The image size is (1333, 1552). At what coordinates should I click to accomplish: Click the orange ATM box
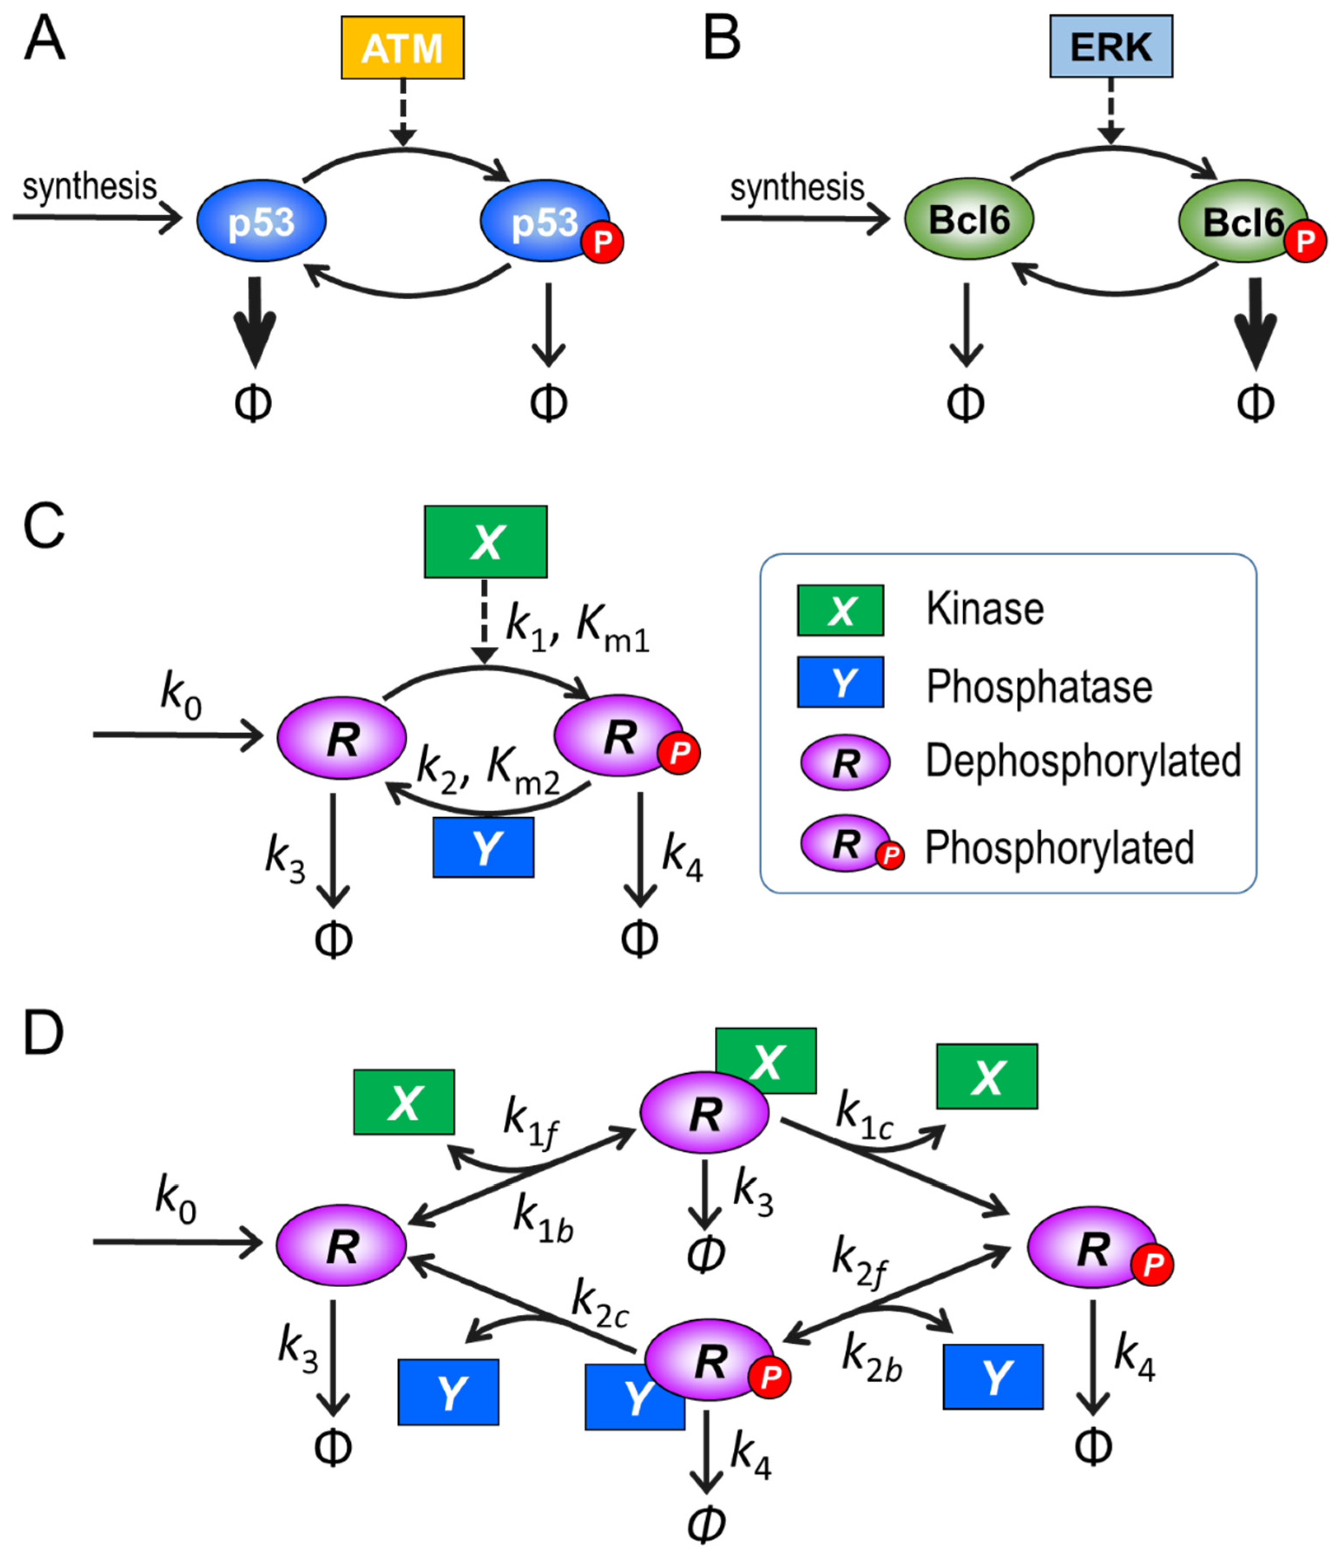pos(402,48)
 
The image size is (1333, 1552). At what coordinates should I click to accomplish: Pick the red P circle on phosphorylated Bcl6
pos(1304,241)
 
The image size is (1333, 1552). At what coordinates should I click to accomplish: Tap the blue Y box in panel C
pos(483,847)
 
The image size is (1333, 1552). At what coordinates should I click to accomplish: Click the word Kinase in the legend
pos(984,609)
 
